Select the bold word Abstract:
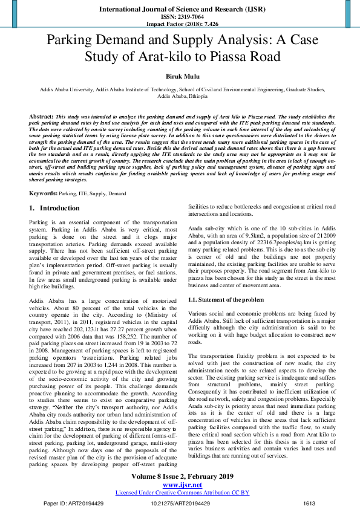click(41, 115)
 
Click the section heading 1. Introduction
click(54, 208)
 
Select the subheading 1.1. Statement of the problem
click(226, 300)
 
